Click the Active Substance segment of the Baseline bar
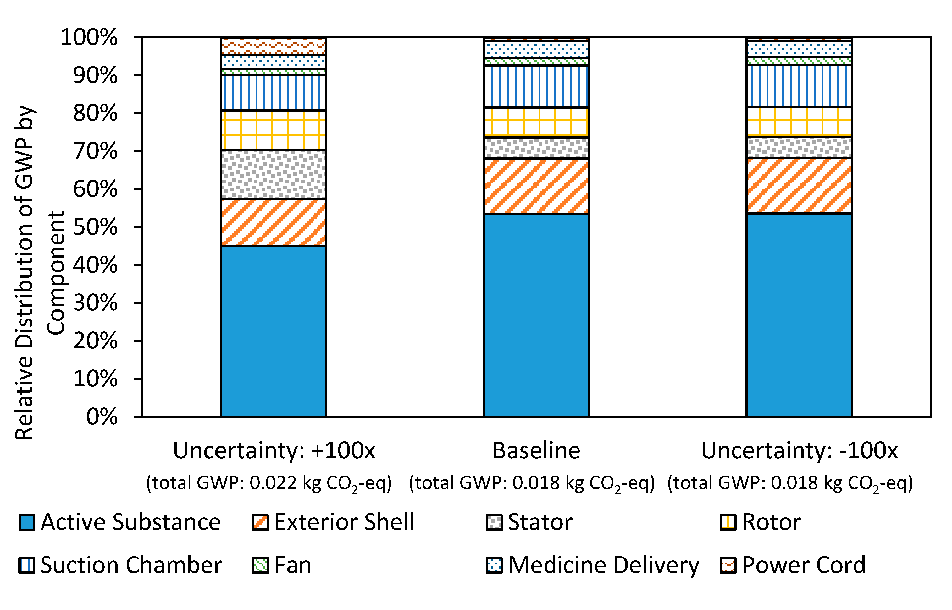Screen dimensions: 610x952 [536, 315]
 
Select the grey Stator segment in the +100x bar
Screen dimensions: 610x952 [274, 175]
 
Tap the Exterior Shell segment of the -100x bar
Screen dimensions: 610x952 [799, 185]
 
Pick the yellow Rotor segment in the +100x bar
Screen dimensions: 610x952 [274, 130]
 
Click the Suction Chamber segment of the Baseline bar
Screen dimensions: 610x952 [536, 86]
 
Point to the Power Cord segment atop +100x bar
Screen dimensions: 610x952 [274, 46]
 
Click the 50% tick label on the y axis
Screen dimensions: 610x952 [96, 227]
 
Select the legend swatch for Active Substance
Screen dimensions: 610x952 [26, 522]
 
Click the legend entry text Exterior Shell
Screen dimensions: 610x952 [344, 522]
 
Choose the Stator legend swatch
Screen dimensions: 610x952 [494, 522]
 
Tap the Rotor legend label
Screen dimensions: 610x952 [771, 522]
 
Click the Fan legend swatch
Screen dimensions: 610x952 [261, 565]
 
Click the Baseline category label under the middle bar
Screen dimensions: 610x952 [536, 450]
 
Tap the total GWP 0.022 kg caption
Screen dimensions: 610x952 [269, 483]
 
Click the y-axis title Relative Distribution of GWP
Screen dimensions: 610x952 [25, 273]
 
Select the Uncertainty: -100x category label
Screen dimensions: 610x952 [799, 450]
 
